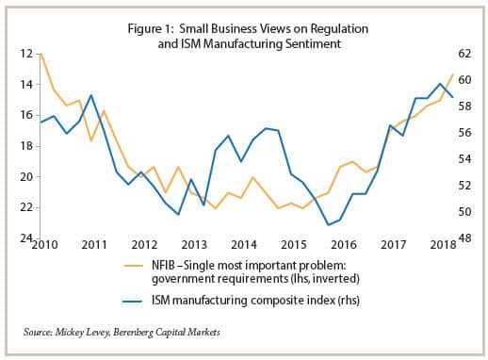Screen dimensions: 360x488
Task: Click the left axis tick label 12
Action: click(x=25, y=54)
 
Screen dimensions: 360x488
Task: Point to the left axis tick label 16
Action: click(x=25, y=115)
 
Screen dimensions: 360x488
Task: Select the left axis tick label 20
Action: click(x=25, y=176)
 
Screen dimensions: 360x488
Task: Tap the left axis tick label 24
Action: click(x=25, y=237)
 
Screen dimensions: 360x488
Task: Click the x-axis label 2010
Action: click(x=45, y=245)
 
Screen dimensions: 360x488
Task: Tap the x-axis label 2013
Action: click(x=193, y=245)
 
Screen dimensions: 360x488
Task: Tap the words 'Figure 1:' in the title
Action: click(x=155, y=27)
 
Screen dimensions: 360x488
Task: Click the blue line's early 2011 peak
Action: click(x=90, y=95)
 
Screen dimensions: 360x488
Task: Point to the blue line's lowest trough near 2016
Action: click(x=328, y=225)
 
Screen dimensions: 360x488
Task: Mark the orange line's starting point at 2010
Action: click(x=40, y=54)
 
